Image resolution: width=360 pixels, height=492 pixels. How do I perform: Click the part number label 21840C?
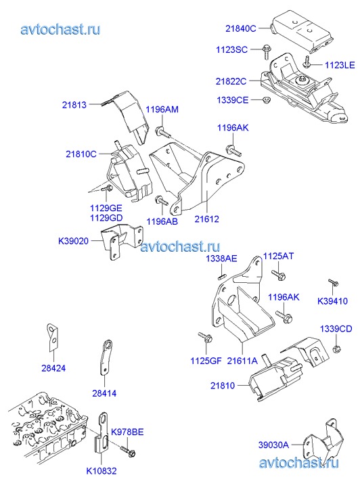pyautogui.click(x=241, y=28)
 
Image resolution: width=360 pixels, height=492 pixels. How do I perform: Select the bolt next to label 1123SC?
pyautogui.click(x=265, y=52)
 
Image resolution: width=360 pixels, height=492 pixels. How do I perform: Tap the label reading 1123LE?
pyautogui.click(x=340, y=65)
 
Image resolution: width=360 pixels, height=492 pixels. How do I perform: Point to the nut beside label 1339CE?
pyautogui.click(x=266, y=99)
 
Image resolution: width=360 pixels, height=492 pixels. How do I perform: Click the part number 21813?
pyautogui.click(x=74, y=105)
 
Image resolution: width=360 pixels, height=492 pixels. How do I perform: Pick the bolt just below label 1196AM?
pyautogui.click(x=163, y=132)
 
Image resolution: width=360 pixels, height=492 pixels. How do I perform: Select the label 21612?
pyautogui.click(x=207, y=219)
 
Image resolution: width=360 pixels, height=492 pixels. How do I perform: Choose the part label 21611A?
pyautogui.click(x=242, y=361)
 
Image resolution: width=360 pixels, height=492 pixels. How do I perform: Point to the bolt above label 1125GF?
pyautogui.click(x=205, y=337)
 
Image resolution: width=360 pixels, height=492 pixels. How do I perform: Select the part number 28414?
pyautogui.click(x=104, y=393)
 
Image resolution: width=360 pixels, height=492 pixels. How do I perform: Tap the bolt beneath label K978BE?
pyautogui.click(x=128, y=451)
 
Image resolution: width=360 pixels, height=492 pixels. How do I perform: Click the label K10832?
pyautogui.click(x=102, y=471)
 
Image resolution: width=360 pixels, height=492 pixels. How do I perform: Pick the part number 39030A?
pyautogui.click(x=273, y=445)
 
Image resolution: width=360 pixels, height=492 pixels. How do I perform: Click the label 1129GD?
pyautogui.click(x=106, y=218)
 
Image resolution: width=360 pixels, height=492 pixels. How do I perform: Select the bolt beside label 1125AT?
pyautogui.click(x=277, y=275)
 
